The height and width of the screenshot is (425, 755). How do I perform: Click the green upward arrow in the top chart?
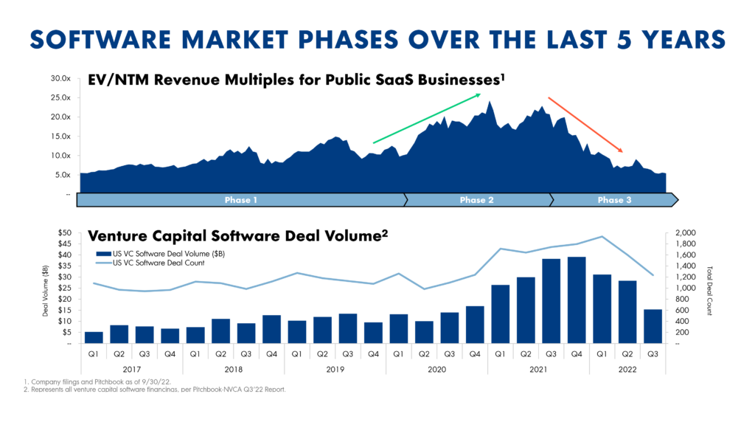(427, 118)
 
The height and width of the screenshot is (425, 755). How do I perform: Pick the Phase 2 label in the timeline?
(477, 200)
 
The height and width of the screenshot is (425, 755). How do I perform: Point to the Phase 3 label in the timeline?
(614, 200)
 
